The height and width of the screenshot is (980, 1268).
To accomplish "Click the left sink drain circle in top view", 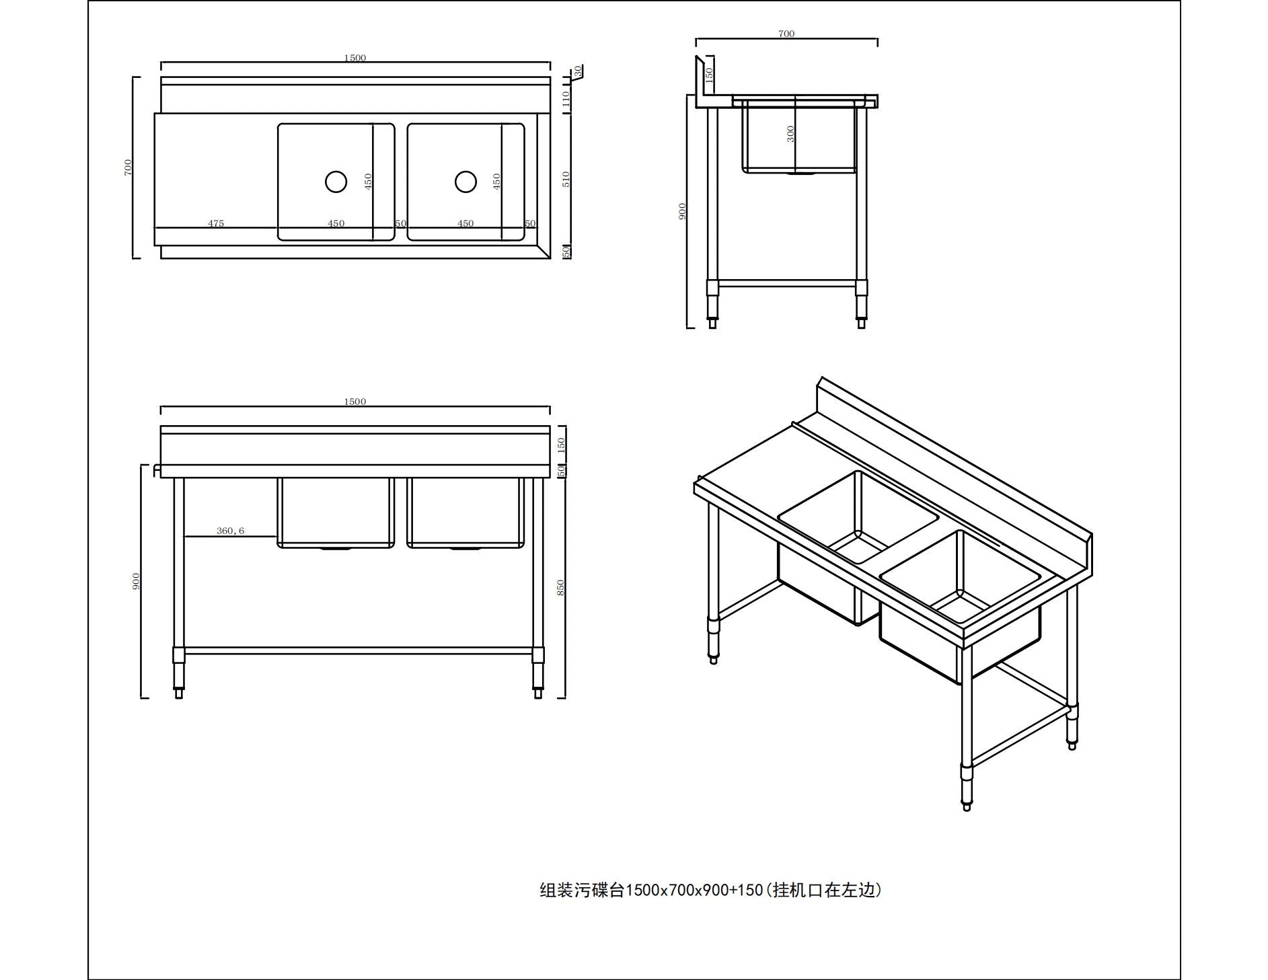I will [x=336, y=182].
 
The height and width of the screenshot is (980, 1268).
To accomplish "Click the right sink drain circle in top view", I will [x=465, y=182].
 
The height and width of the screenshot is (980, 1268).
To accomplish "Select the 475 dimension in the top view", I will [x=216, y=223].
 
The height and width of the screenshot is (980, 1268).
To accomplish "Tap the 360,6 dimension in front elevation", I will [x=230, y=531].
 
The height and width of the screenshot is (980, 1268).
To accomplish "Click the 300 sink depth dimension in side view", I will [x=790, y=134].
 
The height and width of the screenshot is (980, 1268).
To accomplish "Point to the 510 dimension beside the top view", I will [x=566, y=179].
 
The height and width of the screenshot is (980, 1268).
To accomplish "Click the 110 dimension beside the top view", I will [x=566, y=100].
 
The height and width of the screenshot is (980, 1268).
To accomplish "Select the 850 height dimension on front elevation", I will [x=560, y=587].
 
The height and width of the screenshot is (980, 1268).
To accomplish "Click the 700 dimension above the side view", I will [x=786, y=34].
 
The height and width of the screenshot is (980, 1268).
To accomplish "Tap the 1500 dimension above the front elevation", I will [x=355, y=402].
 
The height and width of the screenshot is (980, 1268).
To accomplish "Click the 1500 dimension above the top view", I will [x=355, y=58].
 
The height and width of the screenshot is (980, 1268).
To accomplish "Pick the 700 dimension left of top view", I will [x=128, y=167].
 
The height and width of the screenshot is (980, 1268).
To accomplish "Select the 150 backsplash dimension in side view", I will [x=709, y=75].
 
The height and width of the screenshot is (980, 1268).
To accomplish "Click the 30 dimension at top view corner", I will [x=578, y=70].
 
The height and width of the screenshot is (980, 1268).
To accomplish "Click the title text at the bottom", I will [x=710, y=890].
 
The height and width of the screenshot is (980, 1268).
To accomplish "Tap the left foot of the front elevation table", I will [x=178, y=693].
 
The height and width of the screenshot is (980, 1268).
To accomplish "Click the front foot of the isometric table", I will [x=967, y=806].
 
